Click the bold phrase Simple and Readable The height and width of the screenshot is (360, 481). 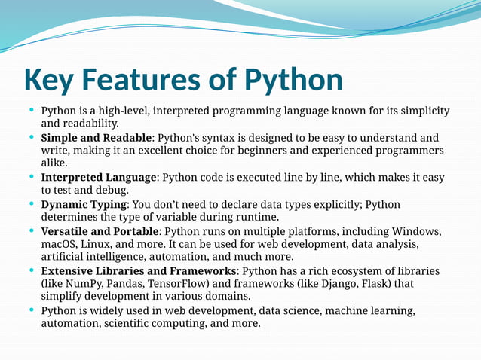click(x=97, y=138)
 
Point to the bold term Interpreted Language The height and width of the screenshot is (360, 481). click(x=99, y=178)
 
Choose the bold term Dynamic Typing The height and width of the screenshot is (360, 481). click(x=84, y=205)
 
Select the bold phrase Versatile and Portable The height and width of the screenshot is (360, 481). click(x=100, y=231)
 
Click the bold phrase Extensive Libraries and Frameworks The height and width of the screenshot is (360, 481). click(x=138, y=271)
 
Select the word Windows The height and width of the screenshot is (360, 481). click(x=415, y=231)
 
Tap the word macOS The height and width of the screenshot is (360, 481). click(x=59, y=244)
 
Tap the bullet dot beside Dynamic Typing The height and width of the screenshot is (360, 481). click(x=31, y=204)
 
